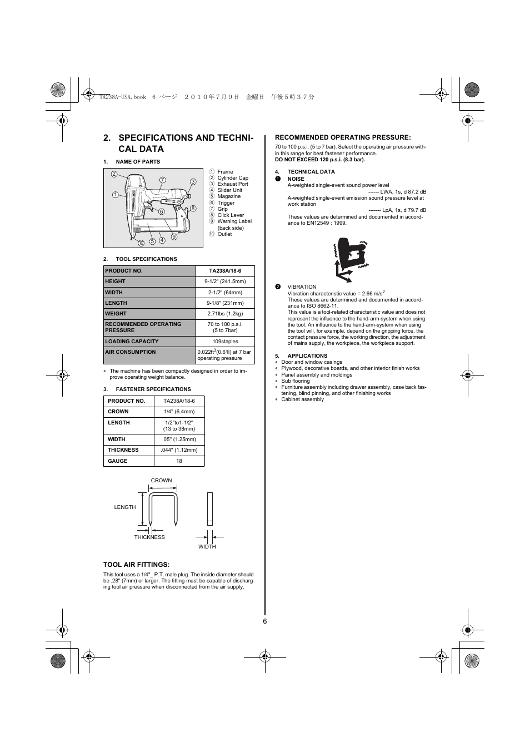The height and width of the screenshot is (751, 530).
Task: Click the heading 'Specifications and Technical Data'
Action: pyautogui.click(x=178, y=143)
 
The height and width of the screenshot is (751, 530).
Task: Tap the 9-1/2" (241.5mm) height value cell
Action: pyautogui.click(x=225, y=281)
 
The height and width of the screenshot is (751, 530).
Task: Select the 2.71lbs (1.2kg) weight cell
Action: pyautogui.click(x=225, y=314)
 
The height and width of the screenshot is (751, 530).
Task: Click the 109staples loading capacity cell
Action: pyautogui.click(x=225, y=342)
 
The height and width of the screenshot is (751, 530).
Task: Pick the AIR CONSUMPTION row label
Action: pyautogui.click(x=131, y=352)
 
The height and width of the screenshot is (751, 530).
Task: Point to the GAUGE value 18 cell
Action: pyautogui.click(x=179, y=461)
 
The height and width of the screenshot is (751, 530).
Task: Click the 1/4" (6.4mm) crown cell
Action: pyautogui.click(x=179, y=412)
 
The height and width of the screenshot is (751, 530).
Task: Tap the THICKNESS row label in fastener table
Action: pyautogui.click(x=123, y=450)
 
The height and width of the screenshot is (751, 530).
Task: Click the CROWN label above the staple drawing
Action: pyautogui.click(x=161, y=481)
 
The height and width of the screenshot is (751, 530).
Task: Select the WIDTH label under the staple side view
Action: pyautogui.click(x=207, y=547)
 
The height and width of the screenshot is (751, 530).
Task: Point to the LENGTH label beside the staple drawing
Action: pyautogui.click(x=125, y=507)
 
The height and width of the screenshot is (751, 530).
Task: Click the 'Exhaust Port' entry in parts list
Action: pyautogui.click(x=233, y=184)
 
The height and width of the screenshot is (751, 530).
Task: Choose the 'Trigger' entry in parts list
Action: pyautogui.click(x=226, y=203)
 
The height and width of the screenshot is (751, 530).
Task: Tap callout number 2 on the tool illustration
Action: pyautogui.click(x=114, y=174)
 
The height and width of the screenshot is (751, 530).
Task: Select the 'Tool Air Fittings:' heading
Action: pyautogui.click(x=136, y=565)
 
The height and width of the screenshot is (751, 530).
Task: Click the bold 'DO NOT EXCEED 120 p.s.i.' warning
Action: pyautogui.click(x=320, y=160)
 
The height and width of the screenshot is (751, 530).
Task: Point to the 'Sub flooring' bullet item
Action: pyautogui.click(x=296, y=381)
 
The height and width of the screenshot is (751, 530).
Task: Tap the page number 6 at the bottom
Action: pyautogui.click(x=265, y=621)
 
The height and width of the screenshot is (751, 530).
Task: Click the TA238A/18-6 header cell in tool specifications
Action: pyautogui.click(x=225, y=271)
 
